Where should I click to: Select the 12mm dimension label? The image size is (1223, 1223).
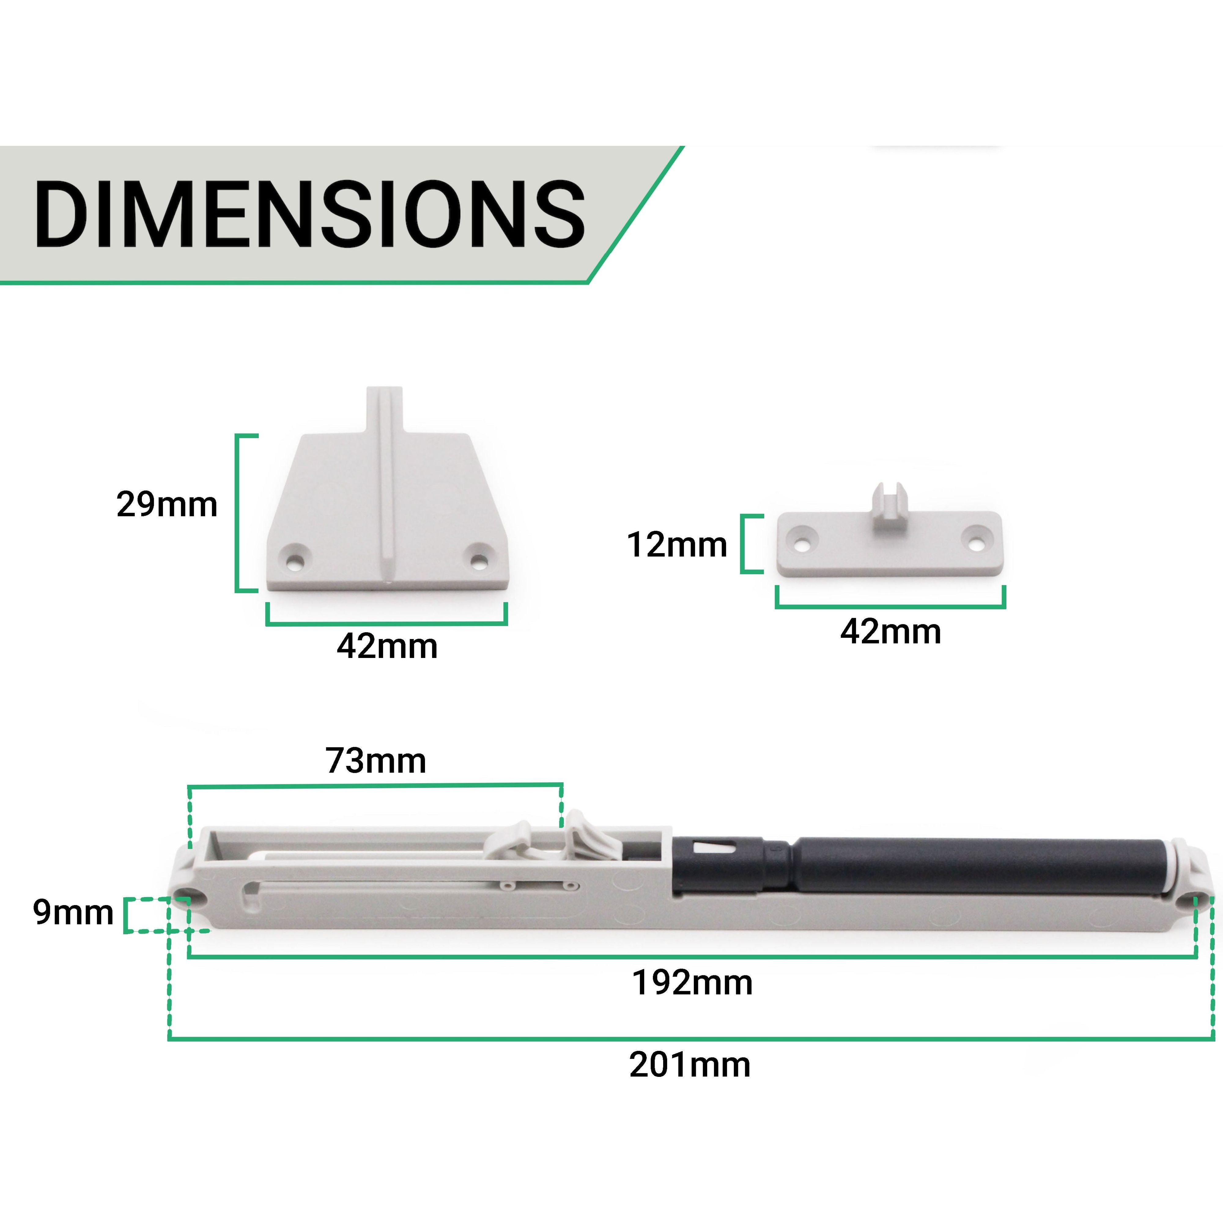676,545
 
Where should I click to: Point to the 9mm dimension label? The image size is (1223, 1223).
73,913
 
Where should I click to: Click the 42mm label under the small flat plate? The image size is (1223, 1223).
890,632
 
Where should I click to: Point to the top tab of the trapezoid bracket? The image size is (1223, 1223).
385,408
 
